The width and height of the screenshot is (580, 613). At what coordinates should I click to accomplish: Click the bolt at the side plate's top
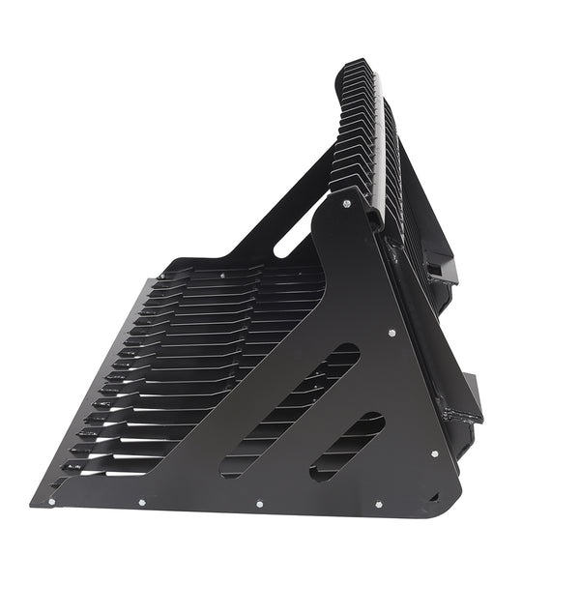click(x=345, y=203)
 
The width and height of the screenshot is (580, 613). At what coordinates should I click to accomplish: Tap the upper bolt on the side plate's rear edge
click(x=391, y=334)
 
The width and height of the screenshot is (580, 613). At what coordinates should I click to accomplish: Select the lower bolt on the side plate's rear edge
click(x=434, y=453)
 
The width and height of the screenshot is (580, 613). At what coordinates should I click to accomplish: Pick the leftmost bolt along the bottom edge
click(x=51, y=501)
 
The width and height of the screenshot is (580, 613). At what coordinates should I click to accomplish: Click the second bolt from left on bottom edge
click(x=141, y=502)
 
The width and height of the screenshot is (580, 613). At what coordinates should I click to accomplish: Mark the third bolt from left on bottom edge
click(x=259, y=503)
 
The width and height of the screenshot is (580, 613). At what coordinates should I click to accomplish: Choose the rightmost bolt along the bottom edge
click(x=377, y=504)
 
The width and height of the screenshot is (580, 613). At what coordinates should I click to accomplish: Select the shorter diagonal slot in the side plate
click(x=346, y=446)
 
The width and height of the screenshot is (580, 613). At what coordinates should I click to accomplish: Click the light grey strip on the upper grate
click(x=378, y=145)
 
